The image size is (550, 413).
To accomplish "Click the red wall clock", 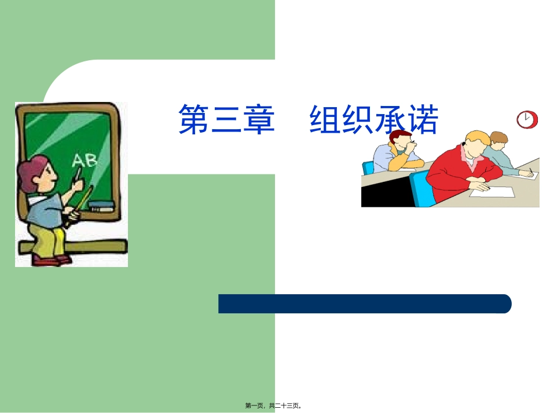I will [x=525, y=119].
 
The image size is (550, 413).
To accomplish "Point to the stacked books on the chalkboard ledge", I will [x=101, y=205].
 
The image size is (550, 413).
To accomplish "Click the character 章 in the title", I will [x=258, y=119].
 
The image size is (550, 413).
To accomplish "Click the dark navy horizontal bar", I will [x=365, y=304].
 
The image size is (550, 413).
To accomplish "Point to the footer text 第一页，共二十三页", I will [x=274, y=406].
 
